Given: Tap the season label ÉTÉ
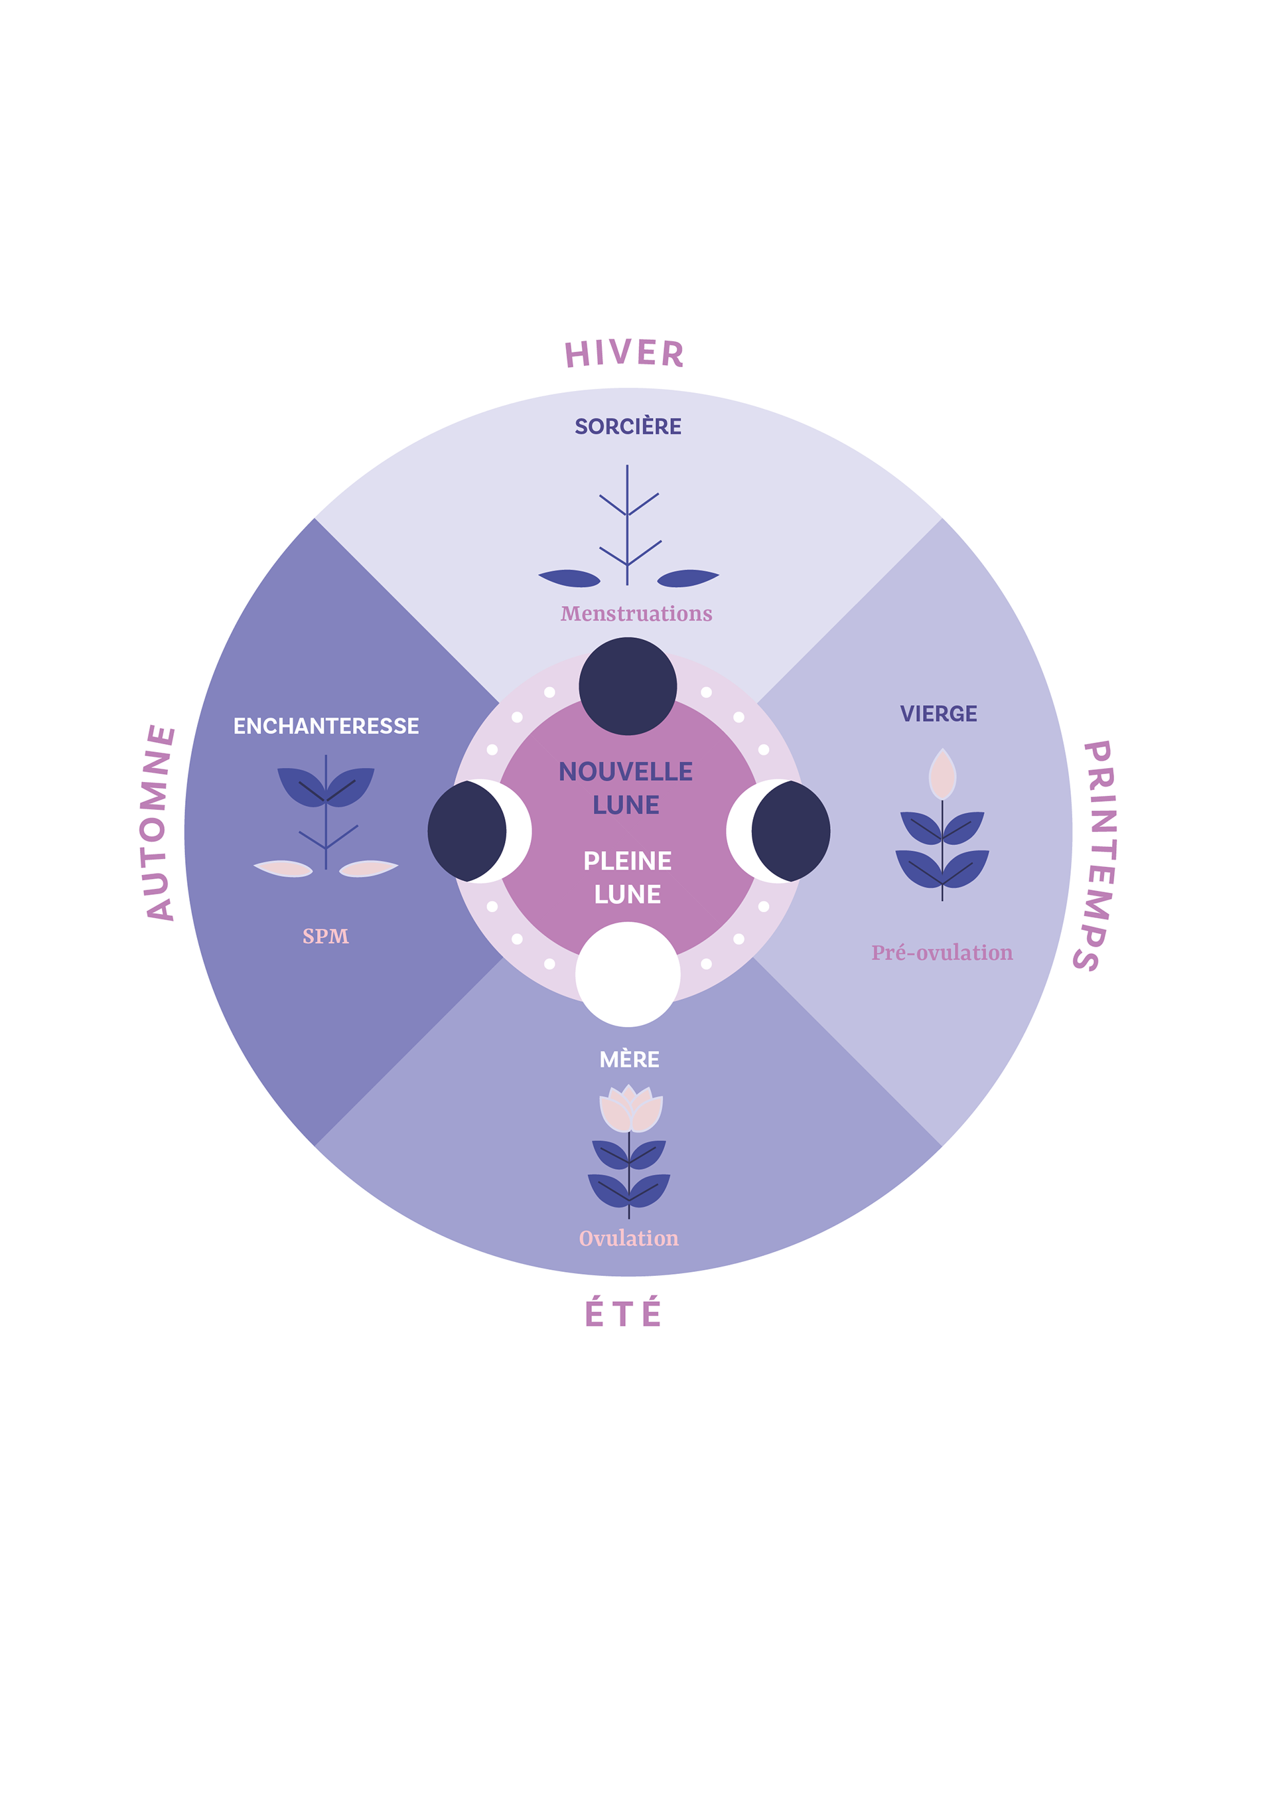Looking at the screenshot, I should pos(623,1313).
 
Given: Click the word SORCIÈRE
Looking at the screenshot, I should pos(628,426).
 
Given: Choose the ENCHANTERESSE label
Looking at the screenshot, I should pos(326,726).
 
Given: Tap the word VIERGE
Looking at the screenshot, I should pos(938,714).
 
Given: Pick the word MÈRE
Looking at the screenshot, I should pos(629,1060).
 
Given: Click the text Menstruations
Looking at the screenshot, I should pos(636,614).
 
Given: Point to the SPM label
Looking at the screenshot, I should pos(325,936).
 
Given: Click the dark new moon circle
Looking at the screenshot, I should pos(628,686).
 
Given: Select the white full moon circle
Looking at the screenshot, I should pos(628,974).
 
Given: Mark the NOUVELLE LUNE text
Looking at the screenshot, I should pos(626,787).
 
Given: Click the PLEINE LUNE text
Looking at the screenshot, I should pos(627,877).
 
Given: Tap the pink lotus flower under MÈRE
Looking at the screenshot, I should pos(630,1107).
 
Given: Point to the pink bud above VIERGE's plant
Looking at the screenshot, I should pos(942,773).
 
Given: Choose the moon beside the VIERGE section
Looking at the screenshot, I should pos(779,831).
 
